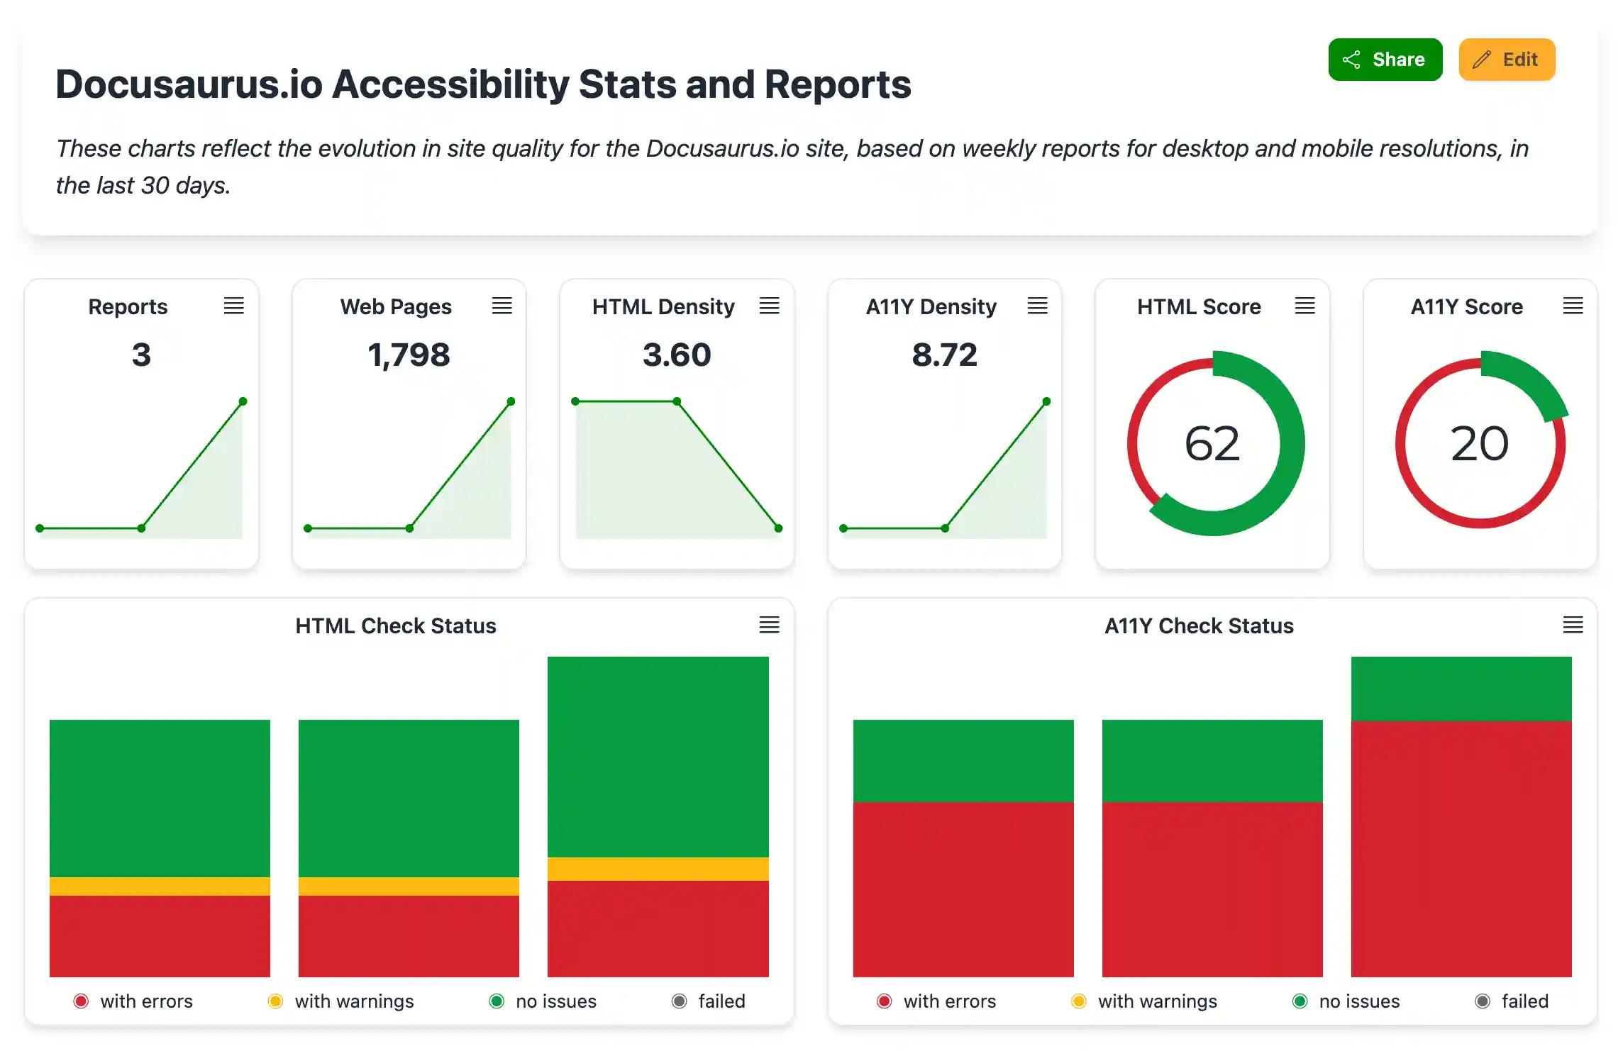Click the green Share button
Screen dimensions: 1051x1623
pos(1385,60)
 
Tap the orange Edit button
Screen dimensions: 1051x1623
pos(1507,60)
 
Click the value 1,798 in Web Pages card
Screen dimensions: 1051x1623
pos(409,355)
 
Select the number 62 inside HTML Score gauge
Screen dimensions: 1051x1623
pos(1212,444)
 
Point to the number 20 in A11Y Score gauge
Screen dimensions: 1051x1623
pos(1480,444)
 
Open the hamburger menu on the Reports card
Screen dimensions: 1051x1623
pos(234,306)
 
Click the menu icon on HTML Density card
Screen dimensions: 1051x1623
pos(770,306)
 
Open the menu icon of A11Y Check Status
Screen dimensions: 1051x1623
pos(1573,625)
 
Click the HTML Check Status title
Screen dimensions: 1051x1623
pos(396,625)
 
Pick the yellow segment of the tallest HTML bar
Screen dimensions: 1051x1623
pos(658,869)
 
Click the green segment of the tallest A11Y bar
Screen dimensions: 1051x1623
pos(1461,688)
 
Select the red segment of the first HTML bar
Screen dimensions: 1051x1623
pos(160,936)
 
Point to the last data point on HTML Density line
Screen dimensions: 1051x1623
pos(778,528)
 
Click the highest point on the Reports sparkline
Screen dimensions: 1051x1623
pos(243,401)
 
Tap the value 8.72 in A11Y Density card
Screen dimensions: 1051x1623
pos(944,355)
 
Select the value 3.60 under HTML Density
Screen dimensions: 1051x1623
pos(677,355)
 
